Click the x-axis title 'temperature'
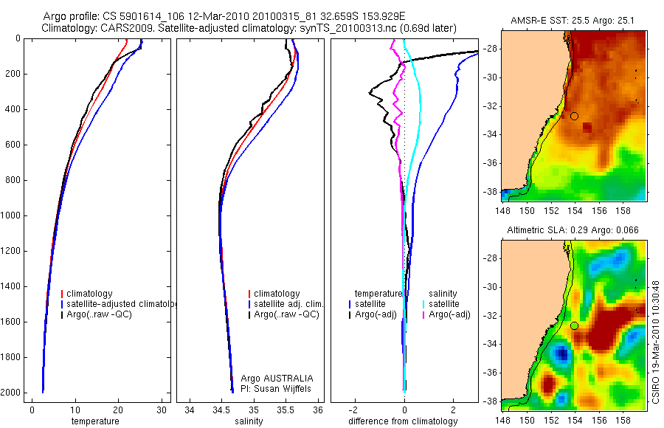pos(94,421)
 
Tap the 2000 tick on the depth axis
pos(13,393)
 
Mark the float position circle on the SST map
pos(575,116)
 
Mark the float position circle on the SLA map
pos(575,325)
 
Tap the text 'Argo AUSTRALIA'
pos(272,379)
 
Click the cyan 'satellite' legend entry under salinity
pos(444,304)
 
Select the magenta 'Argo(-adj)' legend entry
pos(449,314)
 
